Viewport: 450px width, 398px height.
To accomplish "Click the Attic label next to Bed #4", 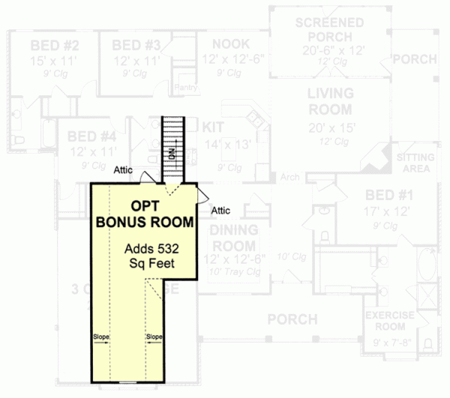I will (124, 170).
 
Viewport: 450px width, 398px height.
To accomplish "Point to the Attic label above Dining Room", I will (222, 210).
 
